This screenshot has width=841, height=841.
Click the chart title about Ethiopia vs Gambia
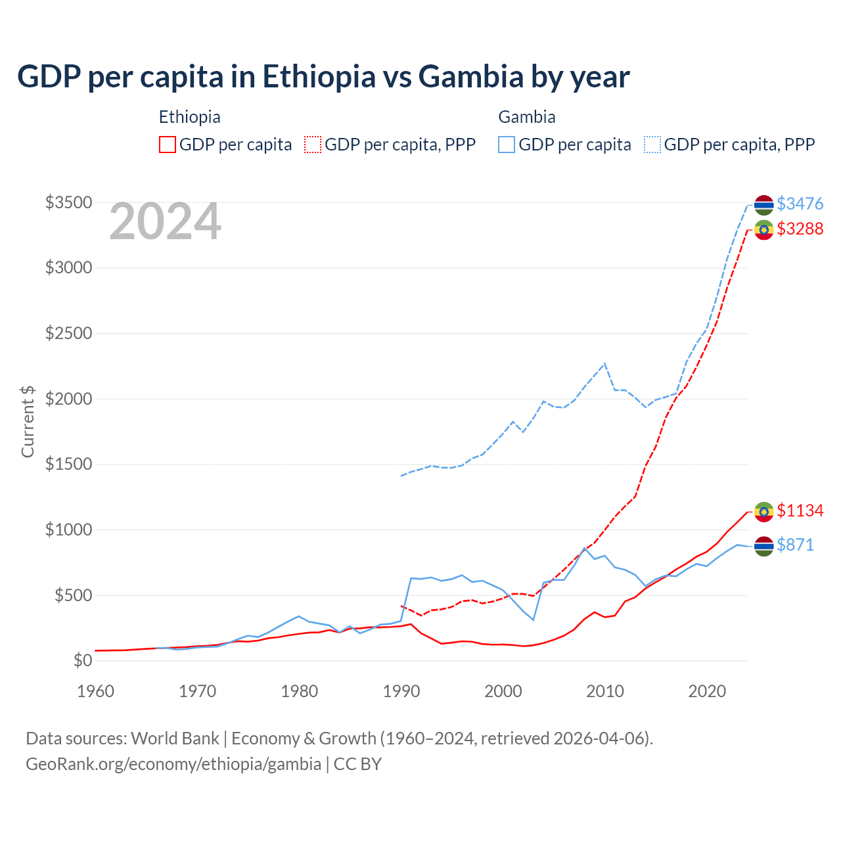(x=323, y=77)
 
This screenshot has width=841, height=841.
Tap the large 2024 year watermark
(x=165, y=222)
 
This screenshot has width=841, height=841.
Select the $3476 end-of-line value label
(x=800, y=204)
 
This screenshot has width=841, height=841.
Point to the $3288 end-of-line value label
(x=800, y=229)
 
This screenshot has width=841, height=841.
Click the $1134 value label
(x=800, y=511)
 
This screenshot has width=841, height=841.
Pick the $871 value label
(x=795, y=545)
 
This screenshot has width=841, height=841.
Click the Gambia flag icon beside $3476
(x=763, y=205)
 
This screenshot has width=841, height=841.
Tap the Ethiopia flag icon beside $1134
(x=763, y=512)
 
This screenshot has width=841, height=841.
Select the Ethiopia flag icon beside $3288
(x=763, y=230)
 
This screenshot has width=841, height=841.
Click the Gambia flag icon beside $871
(x=763, y=546)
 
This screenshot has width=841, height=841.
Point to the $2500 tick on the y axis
(x=68, y=333)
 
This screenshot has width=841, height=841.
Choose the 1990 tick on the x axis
(x=401, y=691)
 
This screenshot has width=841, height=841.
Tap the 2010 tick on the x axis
(x=605, y=691)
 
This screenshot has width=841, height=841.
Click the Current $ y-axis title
(x=28, y=422)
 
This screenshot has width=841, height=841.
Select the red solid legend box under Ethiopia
(x=168, y=145)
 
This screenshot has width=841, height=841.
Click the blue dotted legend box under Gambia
(x=652, y=145)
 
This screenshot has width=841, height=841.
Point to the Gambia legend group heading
(x=527, y=117)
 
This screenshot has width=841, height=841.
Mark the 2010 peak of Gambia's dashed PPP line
(x=604, y=363)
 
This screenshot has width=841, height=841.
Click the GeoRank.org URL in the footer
(x=173, y=764)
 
